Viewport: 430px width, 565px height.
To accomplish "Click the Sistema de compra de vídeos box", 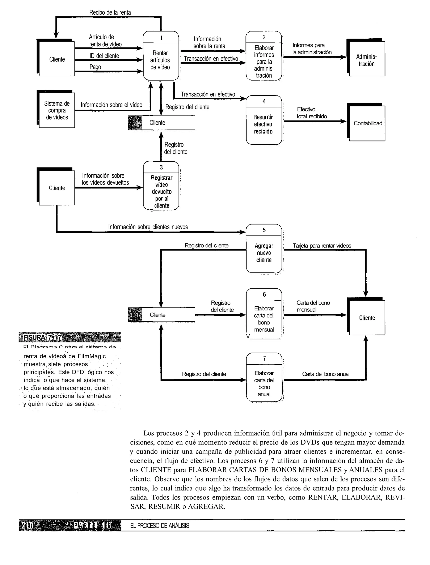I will (57, 110).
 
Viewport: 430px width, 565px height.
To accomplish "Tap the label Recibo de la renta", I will (110, 12).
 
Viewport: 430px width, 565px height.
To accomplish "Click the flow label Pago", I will (95, 67).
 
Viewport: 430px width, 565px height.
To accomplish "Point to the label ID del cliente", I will (104, 56).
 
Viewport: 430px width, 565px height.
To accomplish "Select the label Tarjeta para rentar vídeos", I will (322, 246).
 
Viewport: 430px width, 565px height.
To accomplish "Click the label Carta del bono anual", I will (326, 374).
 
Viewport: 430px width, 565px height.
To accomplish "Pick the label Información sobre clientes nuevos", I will (148, 227).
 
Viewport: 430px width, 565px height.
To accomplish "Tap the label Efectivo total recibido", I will (312, 113).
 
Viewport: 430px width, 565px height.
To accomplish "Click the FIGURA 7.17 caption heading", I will (42, 337).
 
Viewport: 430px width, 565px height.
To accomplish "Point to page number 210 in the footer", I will (27, 525).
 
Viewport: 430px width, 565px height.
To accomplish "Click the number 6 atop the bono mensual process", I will (264, 294).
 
